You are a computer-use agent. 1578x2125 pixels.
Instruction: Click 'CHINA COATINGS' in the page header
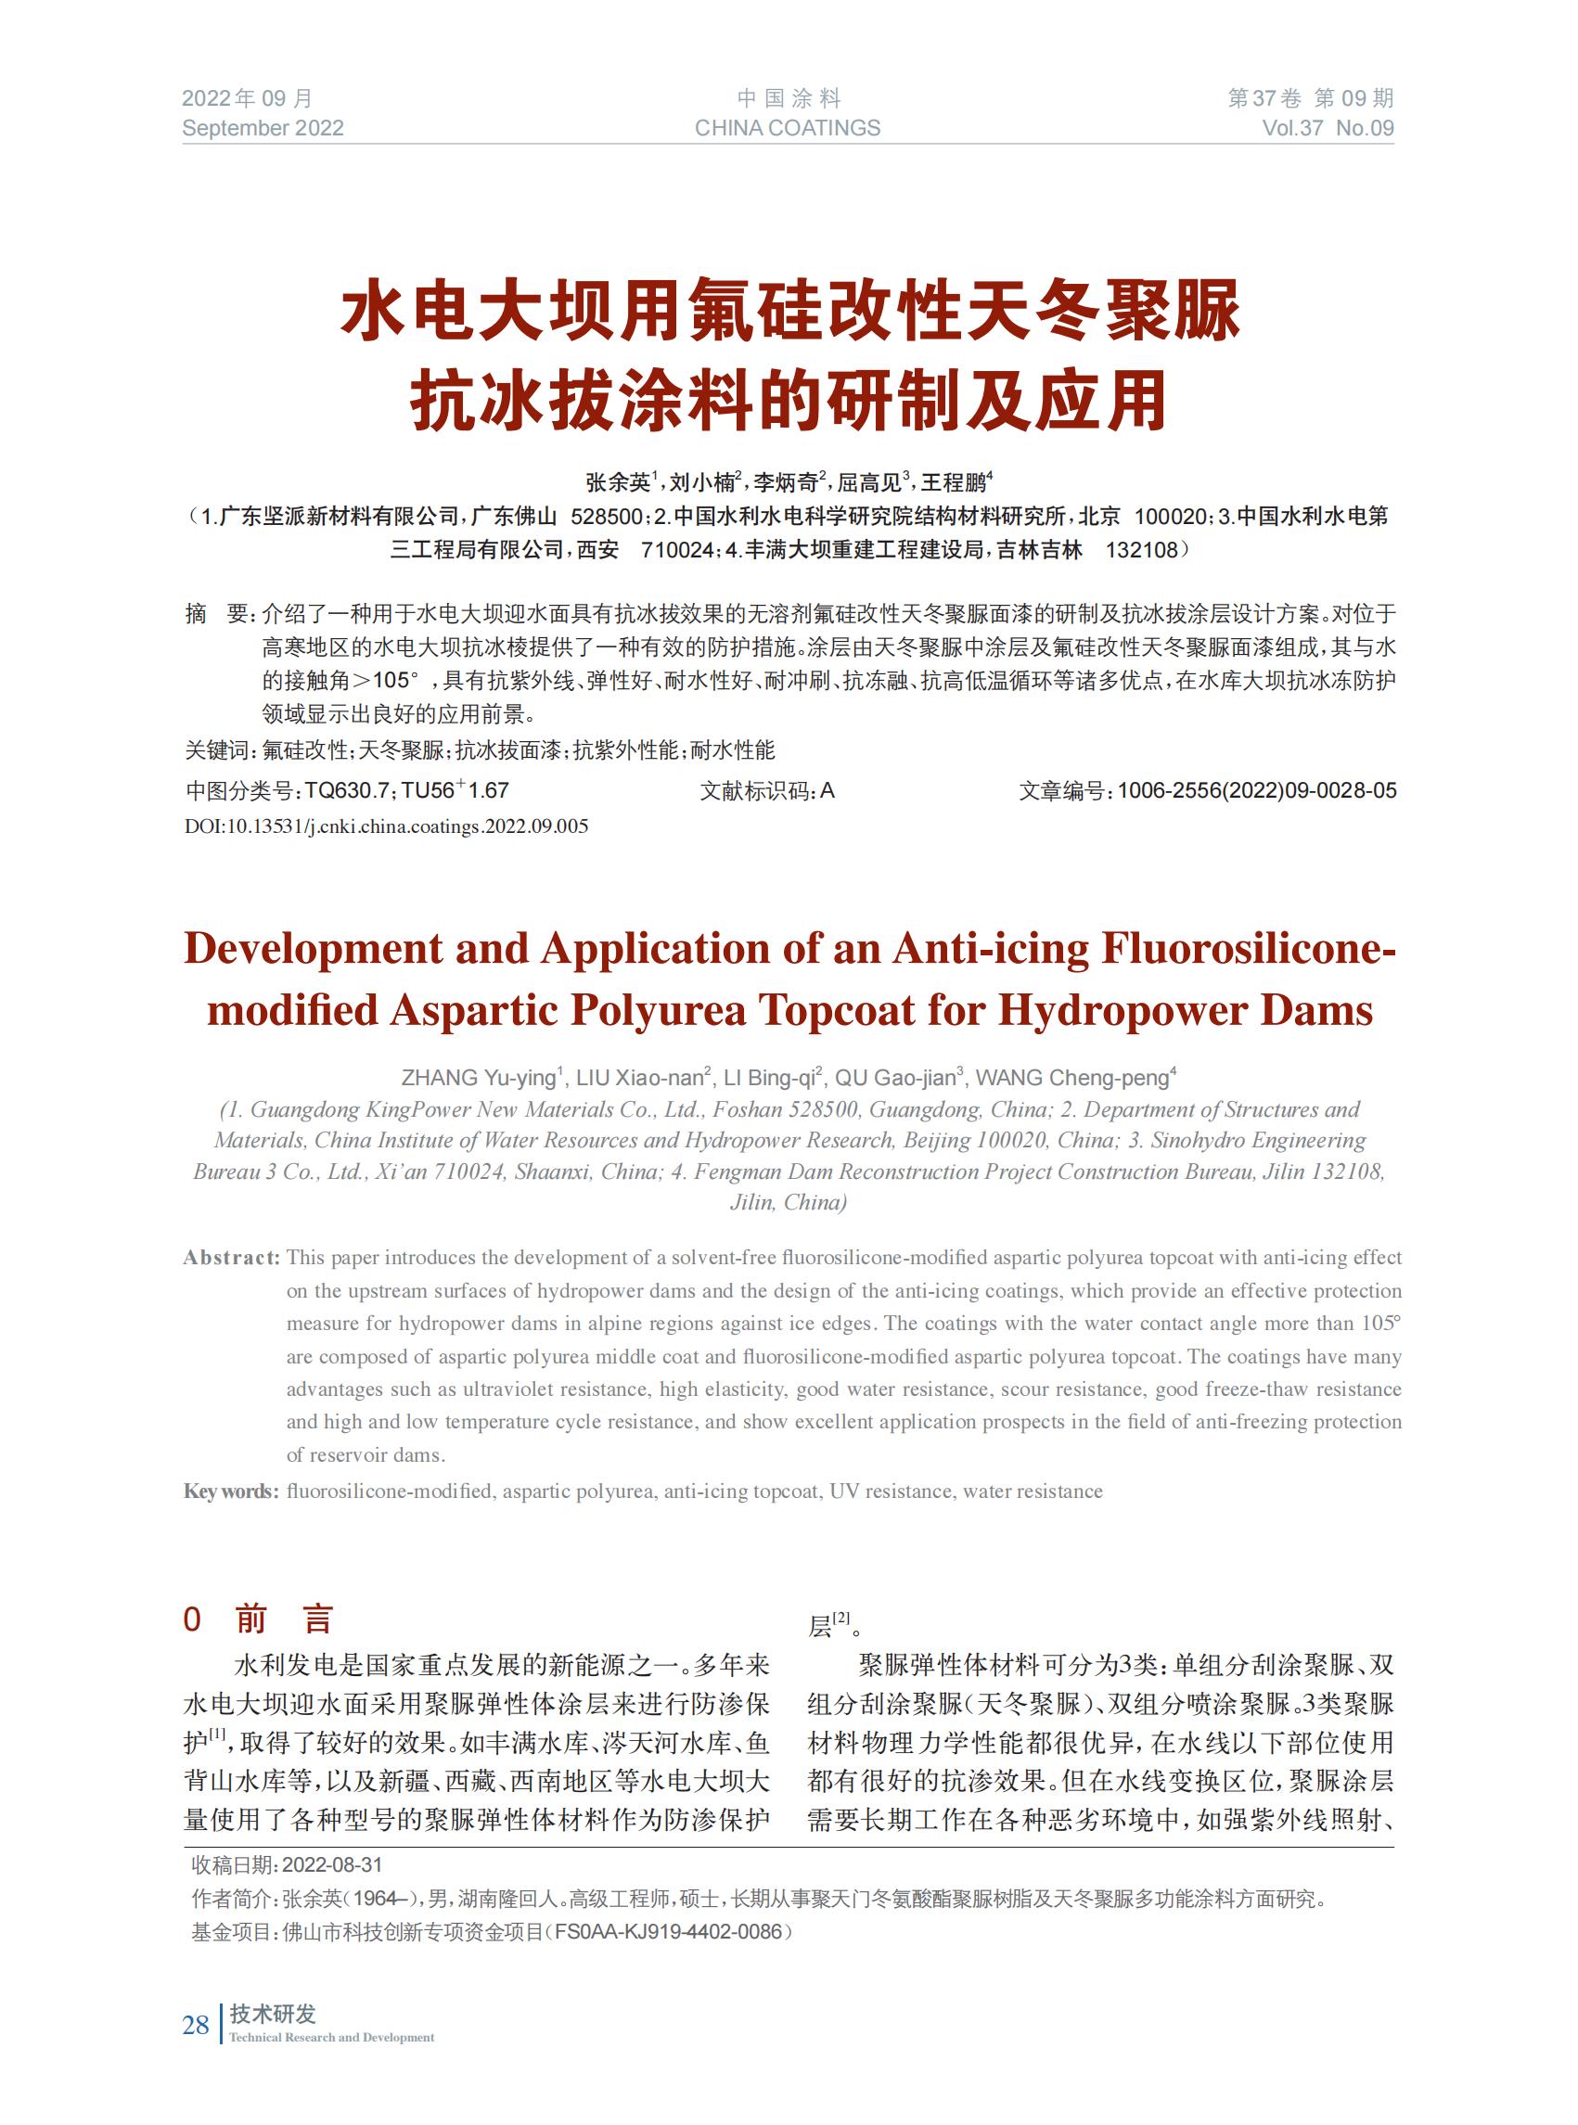click(x=787, y=129)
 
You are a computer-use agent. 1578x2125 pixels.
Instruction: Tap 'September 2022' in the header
click(x=263, y=129)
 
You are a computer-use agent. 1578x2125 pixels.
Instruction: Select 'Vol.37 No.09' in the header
click(x=1328, y=129)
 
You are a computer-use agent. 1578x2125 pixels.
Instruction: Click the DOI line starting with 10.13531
click(x=386, y=826)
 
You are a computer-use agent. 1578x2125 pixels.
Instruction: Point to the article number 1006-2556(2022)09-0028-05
click(x=1256, y=791)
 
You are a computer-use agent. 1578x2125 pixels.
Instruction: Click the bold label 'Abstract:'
click(x=231, y=1258)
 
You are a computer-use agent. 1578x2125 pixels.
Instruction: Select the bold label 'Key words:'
click(x=231, y=1491)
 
